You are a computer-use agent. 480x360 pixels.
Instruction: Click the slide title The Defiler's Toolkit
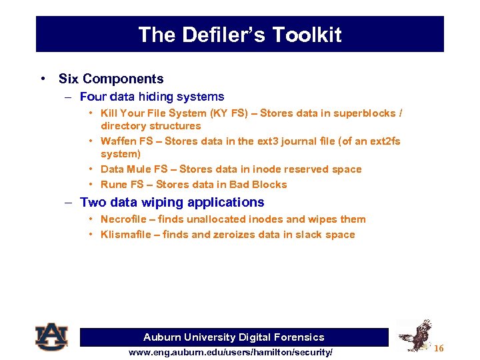tap(239, 35)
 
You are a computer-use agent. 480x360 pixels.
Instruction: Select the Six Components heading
tap(111, 79)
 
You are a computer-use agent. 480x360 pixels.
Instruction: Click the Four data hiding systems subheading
tap(151, 97)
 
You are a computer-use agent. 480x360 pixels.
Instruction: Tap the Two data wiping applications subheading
tap(171, 202)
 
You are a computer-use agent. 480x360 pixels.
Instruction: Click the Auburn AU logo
tap(51, 336)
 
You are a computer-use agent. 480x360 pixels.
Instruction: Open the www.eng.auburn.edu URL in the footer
tap(231, 352)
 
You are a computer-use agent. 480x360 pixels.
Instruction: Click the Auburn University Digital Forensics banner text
tap(234, 337)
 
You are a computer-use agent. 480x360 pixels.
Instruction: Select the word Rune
tap(113, 185)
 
